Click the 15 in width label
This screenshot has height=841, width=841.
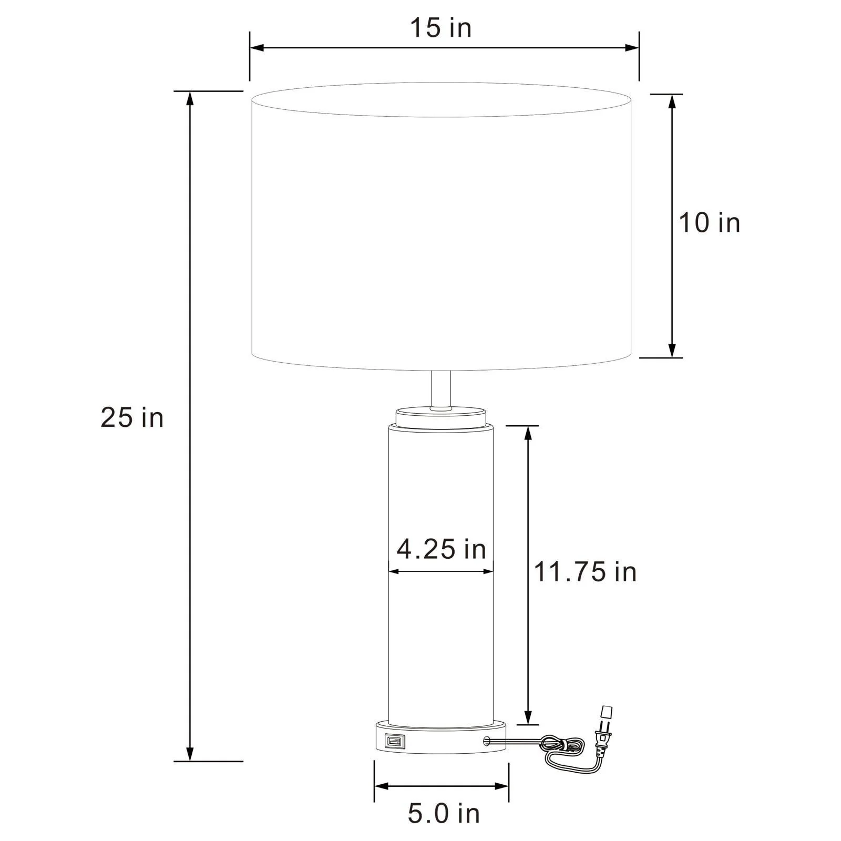point(440,27)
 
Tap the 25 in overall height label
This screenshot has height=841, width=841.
point(132,418)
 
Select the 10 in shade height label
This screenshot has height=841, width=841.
point(709,222)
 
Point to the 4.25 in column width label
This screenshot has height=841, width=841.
point(442,550)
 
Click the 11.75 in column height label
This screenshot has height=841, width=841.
point(585,571)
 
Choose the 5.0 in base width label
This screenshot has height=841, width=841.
point(444,814)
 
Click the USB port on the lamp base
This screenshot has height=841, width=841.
point(395,741)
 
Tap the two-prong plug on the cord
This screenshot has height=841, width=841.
point(604,728)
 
